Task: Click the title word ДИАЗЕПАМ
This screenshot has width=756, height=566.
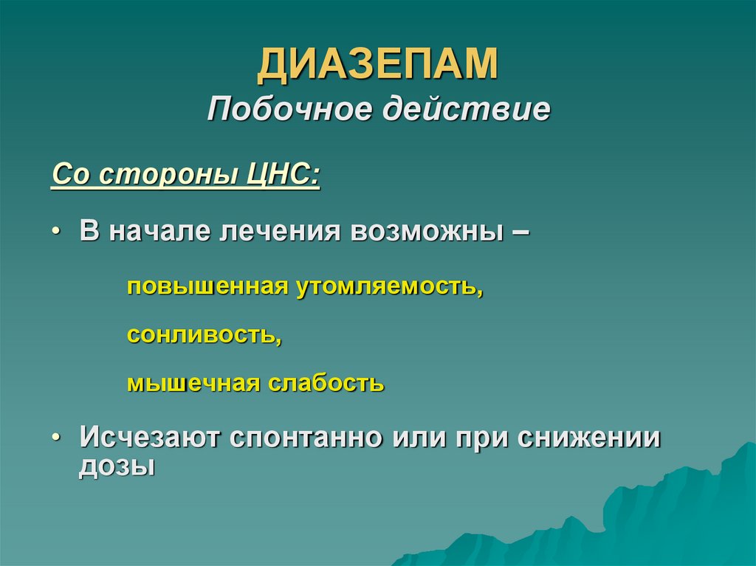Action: click(x=377, y=63)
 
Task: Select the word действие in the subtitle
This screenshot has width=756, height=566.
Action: click(x=465, y=109)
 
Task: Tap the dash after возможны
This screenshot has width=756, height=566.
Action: click(x=519, y=232)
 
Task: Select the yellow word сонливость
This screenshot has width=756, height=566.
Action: click(x=204, y=335)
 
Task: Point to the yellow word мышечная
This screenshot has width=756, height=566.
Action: click(x=193, y=384)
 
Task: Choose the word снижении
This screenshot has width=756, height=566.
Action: click(x=588, y=438)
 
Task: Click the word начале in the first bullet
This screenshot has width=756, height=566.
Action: click(x=160, y=232)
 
